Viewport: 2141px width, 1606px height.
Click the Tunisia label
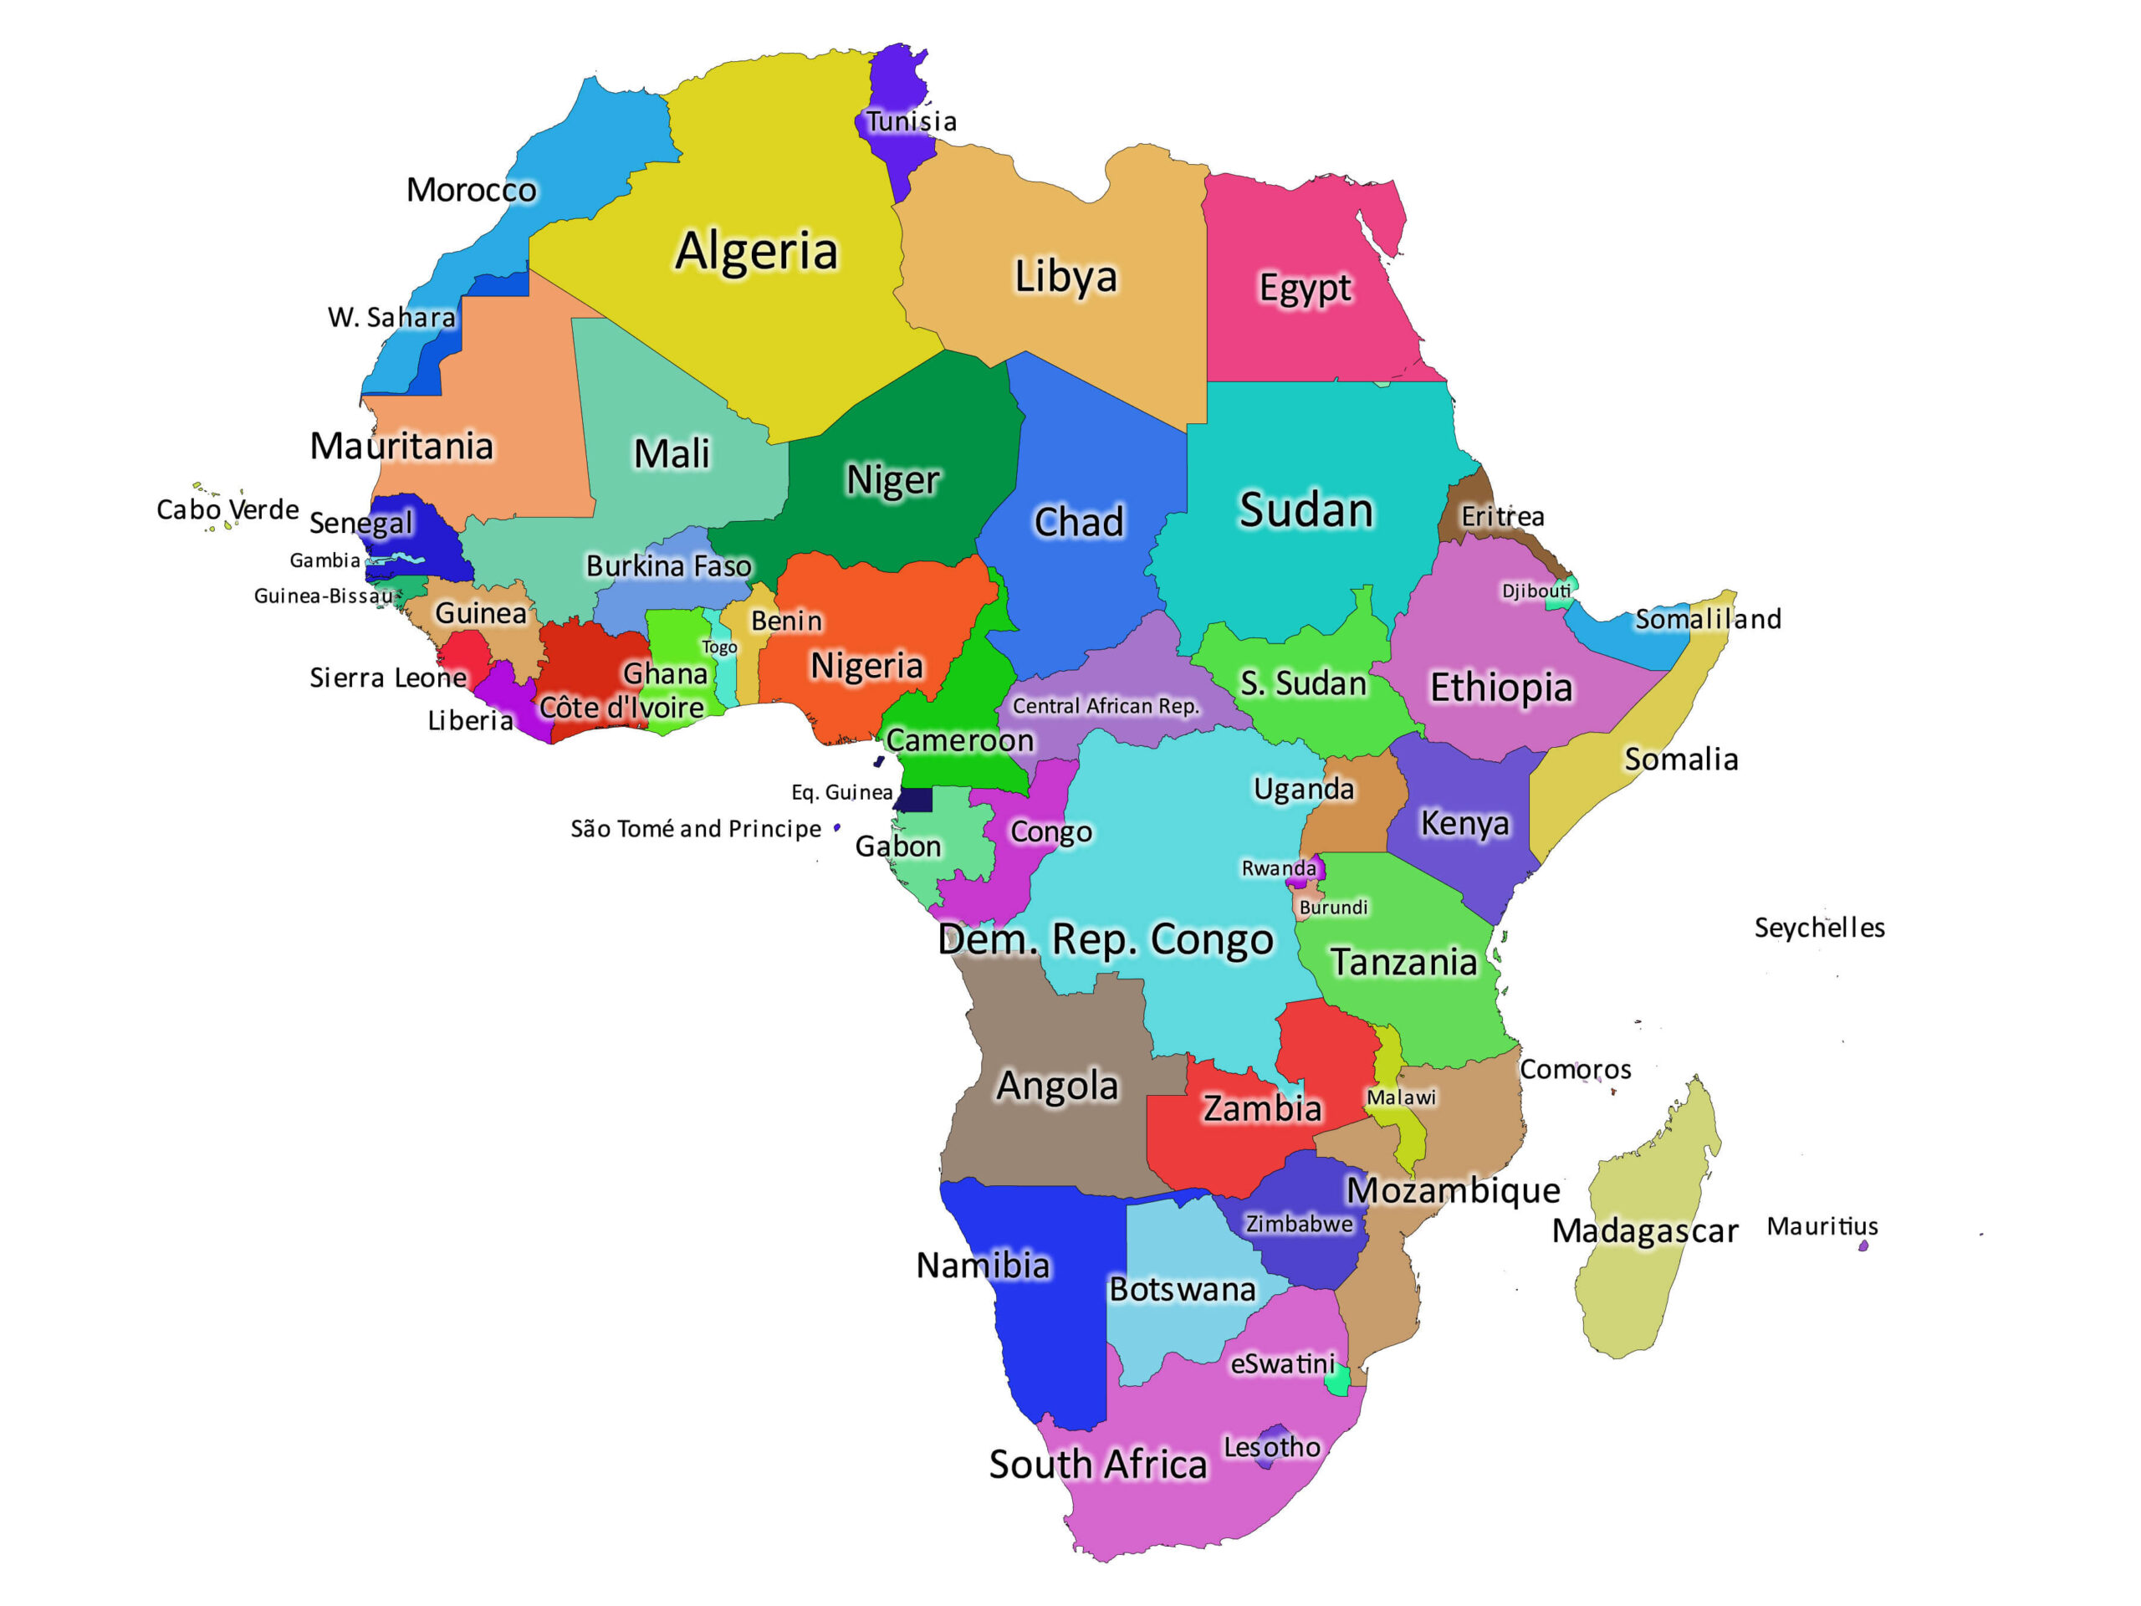[x=910, y=122]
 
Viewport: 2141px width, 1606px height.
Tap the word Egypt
[x=1304, y=289]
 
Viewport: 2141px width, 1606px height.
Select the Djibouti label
[x=1535, y=591]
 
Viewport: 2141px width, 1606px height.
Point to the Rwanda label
[x=1278, y=868]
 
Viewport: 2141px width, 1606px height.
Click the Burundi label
[x=1333, y=907]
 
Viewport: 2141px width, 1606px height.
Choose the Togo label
[x=719, y=647]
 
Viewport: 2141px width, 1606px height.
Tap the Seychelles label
[x=1819, y=928]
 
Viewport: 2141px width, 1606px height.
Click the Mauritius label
[x=1822, y=1226]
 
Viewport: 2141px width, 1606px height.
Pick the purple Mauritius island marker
[x=1863, y=1245]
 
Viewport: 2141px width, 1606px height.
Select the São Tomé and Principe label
[x=695, y=829]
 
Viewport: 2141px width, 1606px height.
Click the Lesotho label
[x=1271, y=1447]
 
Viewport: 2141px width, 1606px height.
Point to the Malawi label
[x=1401, y=1097]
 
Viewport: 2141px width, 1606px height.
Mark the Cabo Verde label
[x=227, y=509]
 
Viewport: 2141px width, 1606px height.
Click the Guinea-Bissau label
[x=324, y=596]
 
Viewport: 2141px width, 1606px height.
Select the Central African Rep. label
[x=1106, y=706]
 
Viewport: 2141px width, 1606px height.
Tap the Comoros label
[x=1575, y=1070]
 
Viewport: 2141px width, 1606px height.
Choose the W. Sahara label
[x=391, y=318]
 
